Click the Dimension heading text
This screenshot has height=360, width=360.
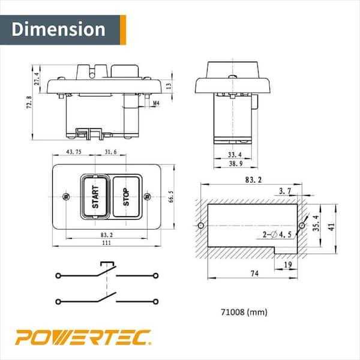click(58, 29)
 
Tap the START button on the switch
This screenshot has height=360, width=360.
click(95, 197)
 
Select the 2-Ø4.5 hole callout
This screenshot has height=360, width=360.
click(277, 235)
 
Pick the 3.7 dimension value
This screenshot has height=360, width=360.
click(286, 191)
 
